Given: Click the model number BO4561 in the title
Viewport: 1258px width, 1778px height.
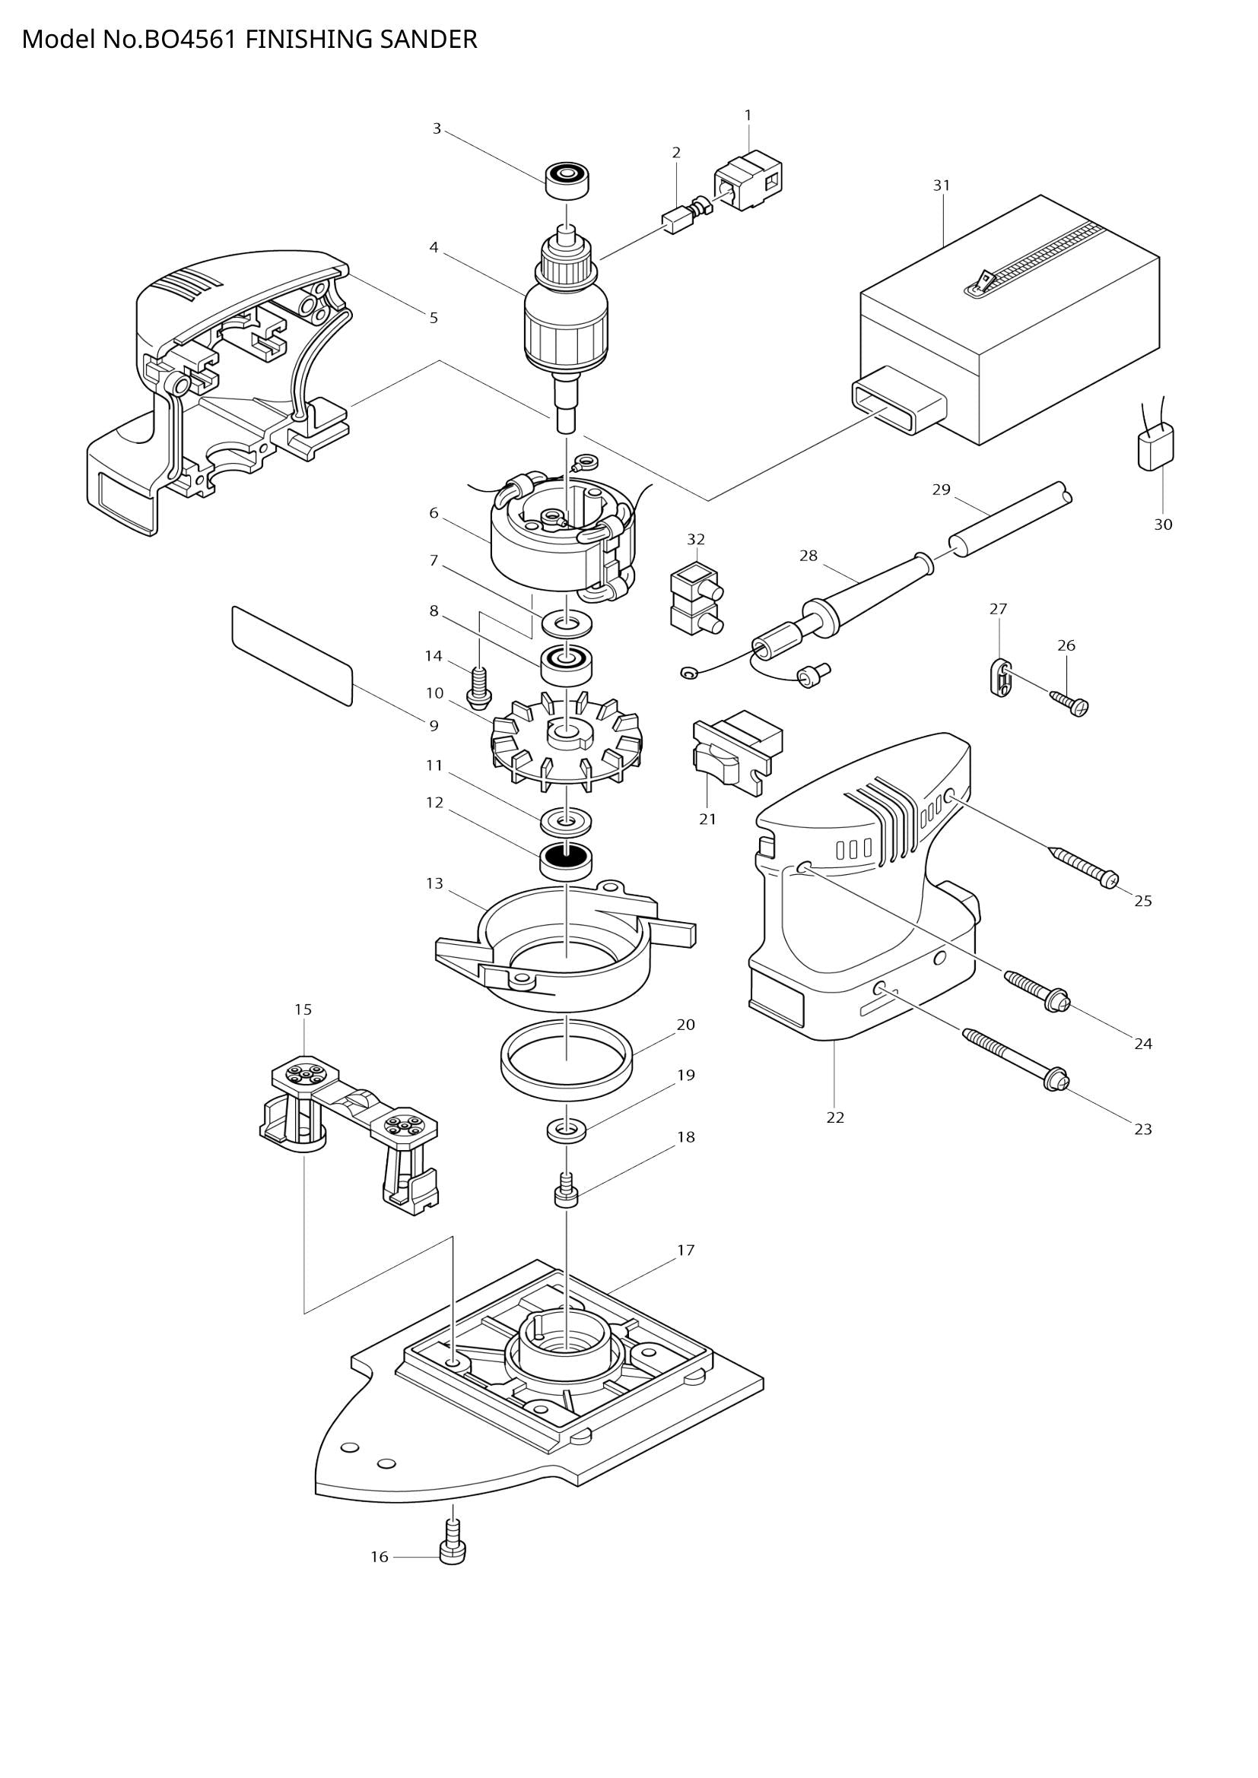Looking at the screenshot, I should [x=190, y=39].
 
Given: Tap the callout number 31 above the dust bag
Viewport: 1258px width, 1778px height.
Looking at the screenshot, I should [x=941, y=185].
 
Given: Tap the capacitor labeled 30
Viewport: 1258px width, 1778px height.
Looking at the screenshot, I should [x=1156, y=448].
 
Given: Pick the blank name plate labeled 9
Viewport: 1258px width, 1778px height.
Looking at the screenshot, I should [x=292, y=655].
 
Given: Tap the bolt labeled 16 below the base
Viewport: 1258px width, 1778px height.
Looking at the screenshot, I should [x=453, y=1549].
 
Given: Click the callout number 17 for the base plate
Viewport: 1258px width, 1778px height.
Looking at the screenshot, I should [x=685, y=1250].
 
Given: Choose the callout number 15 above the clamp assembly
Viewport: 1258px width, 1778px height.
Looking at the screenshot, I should [x=303, y=1009].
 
